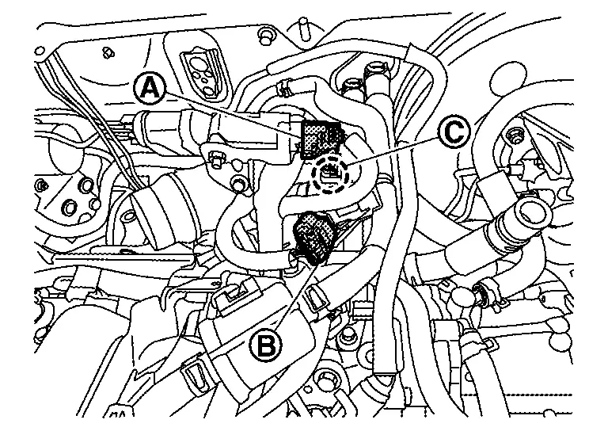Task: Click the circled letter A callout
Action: click(150, 90)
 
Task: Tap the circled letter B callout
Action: click(266, 345)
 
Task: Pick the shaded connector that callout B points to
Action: click(315, 238)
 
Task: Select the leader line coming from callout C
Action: click(393, 151)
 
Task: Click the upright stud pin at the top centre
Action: click(303, 30)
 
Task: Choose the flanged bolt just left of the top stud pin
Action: click(265, 34)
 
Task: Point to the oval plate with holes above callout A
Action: click(202, 73)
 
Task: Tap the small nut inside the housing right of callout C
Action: click(515, 136)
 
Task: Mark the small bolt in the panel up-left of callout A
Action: click(108, 52)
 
